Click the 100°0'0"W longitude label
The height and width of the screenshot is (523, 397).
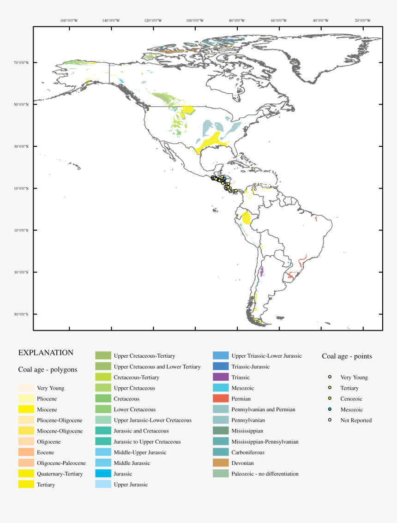[x=195, y=20]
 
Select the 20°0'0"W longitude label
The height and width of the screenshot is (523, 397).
[x=363, y=20]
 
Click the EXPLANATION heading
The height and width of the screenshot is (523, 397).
[x=46, y=353]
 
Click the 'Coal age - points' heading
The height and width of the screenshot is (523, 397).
[x=347, y=356]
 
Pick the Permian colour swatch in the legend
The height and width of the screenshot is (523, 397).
[x=221, y=399]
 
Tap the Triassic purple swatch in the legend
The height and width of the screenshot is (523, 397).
[x=221, y=378]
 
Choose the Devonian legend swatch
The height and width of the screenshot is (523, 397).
[x=221, y=463]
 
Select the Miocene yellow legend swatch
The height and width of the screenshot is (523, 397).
[x=26, y=409]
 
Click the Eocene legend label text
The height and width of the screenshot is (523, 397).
[x=45, y=453]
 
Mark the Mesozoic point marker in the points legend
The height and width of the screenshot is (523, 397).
[x=330, y=409]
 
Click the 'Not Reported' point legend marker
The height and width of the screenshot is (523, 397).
[x=330, y=420]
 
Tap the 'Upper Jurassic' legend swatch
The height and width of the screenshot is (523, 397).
[x=103, y=484]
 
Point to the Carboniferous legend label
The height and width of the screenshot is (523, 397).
[x=248, y=453]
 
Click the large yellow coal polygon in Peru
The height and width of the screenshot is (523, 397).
[x=247, y=217]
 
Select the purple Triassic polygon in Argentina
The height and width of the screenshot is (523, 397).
[x=261, y=271]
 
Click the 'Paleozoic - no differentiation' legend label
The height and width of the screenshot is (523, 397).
[x=265, y=474]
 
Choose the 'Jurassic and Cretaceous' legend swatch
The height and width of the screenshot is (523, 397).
[x=103, y=431]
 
